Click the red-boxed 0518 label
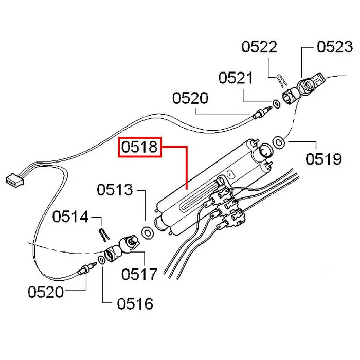click(x=140, y=148)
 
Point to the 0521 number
click(x=236, y=78)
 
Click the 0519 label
click(x=323, y=159)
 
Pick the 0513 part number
click(x=115, y=190)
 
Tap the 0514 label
click(x=70, y=218)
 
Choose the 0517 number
click(x=139, y=274)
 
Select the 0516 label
click(x=135, y=303)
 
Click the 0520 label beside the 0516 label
click(x=46, y=293)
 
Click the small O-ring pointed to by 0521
click(x=276, y=104)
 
